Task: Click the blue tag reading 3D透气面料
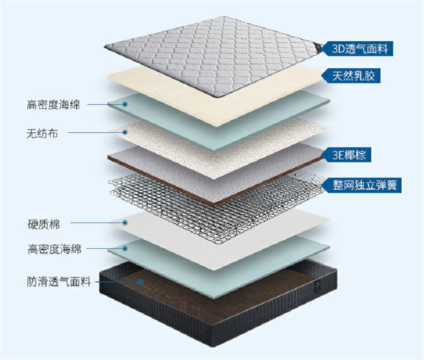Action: coord(358,49)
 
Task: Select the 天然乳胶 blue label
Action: coord(351,76)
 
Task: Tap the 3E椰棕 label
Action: coord(347,155)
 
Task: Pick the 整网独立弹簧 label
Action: coord(362,185)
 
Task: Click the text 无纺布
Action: coord(42,133)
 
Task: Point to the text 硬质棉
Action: coord(44,224)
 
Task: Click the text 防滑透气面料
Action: coord(59,282)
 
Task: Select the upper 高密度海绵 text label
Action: coord(53,104)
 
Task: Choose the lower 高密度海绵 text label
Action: coord(54,249)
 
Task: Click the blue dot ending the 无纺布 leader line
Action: coord(125,132)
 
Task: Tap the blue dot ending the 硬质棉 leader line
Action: coord(125,223)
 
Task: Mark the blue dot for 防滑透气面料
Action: coord(141,282)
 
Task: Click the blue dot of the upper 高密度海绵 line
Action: coord(125,104)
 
